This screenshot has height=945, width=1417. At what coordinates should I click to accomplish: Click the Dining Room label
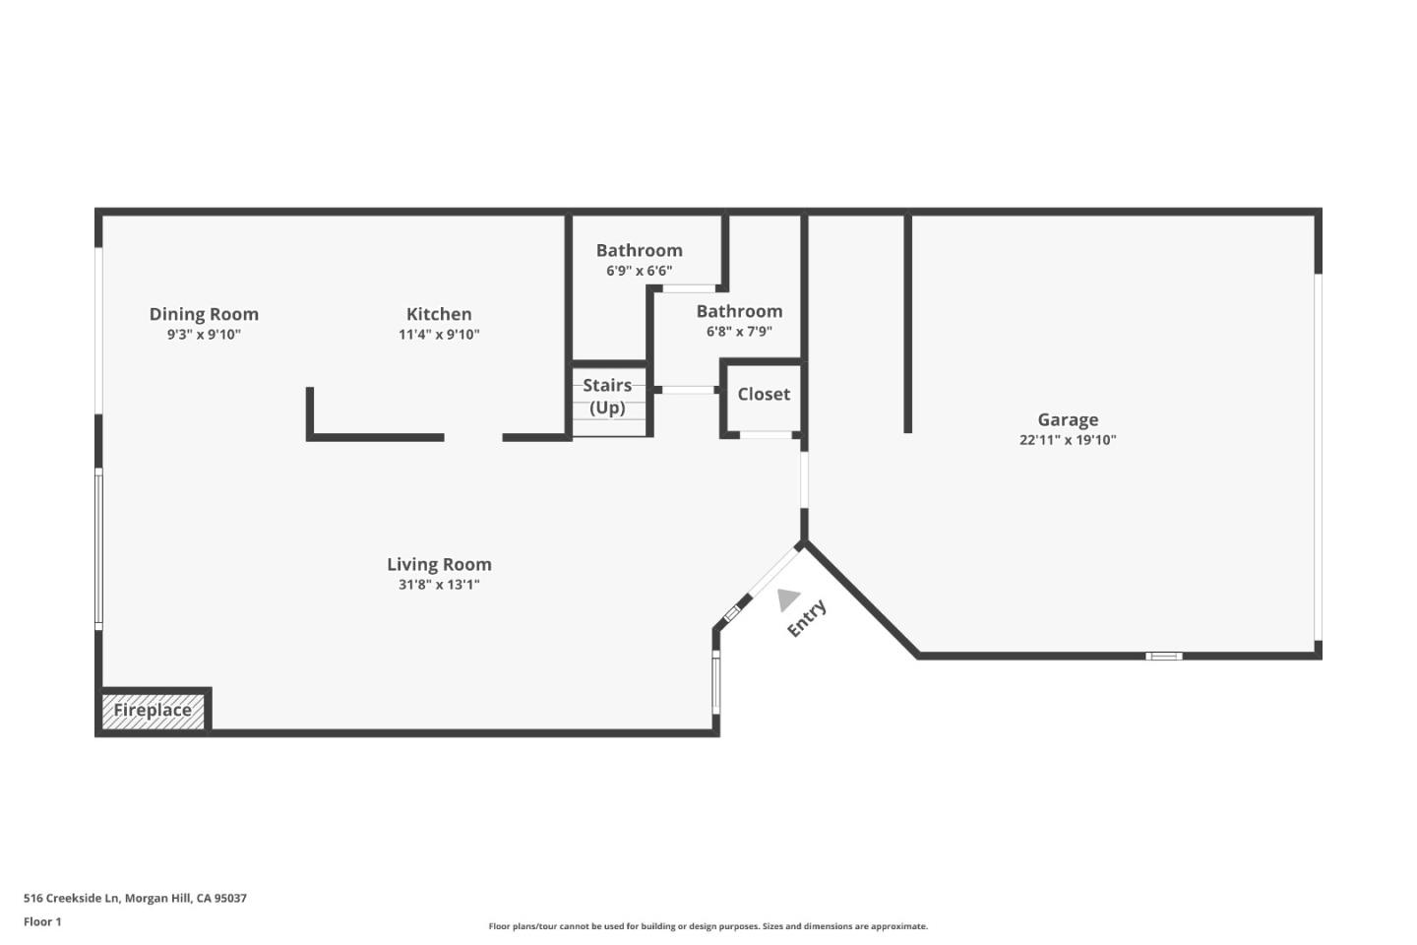pyautogui.click(x=204, y=314)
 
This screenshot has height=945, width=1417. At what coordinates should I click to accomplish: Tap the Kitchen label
pyautogui.click(x=439, y=314)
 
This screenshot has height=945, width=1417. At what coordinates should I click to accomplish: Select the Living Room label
pyautogui.click(x=439, y=564)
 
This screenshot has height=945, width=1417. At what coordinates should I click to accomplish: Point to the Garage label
pyautogui.click(x=1068, y=419)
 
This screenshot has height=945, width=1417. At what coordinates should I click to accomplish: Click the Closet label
pyautogui.click(x=764, y=394)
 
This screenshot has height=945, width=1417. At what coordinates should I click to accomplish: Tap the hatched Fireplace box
pyautogui.click(x=153, y=711)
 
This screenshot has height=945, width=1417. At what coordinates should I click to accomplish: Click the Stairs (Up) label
pyautogui.click(x=607, y=396)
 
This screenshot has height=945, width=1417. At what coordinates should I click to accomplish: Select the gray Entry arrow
pyautogui.click(x=787, y=598)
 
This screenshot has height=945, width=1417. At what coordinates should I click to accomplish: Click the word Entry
pyautogui.click(x=807, y=619)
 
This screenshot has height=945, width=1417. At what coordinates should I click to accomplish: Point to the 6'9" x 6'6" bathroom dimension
pyautogui.click(x=639, y=271)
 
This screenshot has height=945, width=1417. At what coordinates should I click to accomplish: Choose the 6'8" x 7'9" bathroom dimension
pyautogui.click(x=739, y=332)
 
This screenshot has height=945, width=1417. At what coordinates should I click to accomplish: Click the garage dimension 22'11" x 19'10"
pyautogui.click(x=1068, y=440)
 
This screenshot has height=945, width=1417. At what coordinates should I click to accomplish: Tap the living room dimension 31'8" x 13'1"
pyautogui.click(x=439, y=585)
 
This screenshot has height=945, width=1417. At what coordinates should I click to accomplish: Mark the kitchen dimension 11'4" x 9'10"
pyautogui.click(x=439, y=335)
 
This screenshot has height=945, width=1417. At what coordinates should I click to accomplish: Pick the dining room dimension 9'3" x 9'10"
pyautogui.click(x=204, y=335)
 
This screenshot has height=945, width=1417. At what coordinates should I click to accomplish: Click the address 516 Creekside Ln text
pyautogui.click(x=135, y=898)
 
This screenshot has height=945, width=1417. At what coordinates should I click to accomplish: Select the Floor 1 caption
pyautogui.click(x=42, y=922)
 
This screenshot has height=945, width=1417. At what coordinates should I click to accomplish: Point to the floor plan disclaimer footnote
pyautogui.click(x=708, y=926)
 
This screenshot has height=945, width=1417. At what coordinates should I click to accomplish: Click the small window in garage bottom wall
pyautogui.click(x=1164, y=656)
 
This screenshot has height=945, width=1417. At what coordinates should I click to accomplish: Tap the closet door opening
pyautogui.click(x=766, y=434)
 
